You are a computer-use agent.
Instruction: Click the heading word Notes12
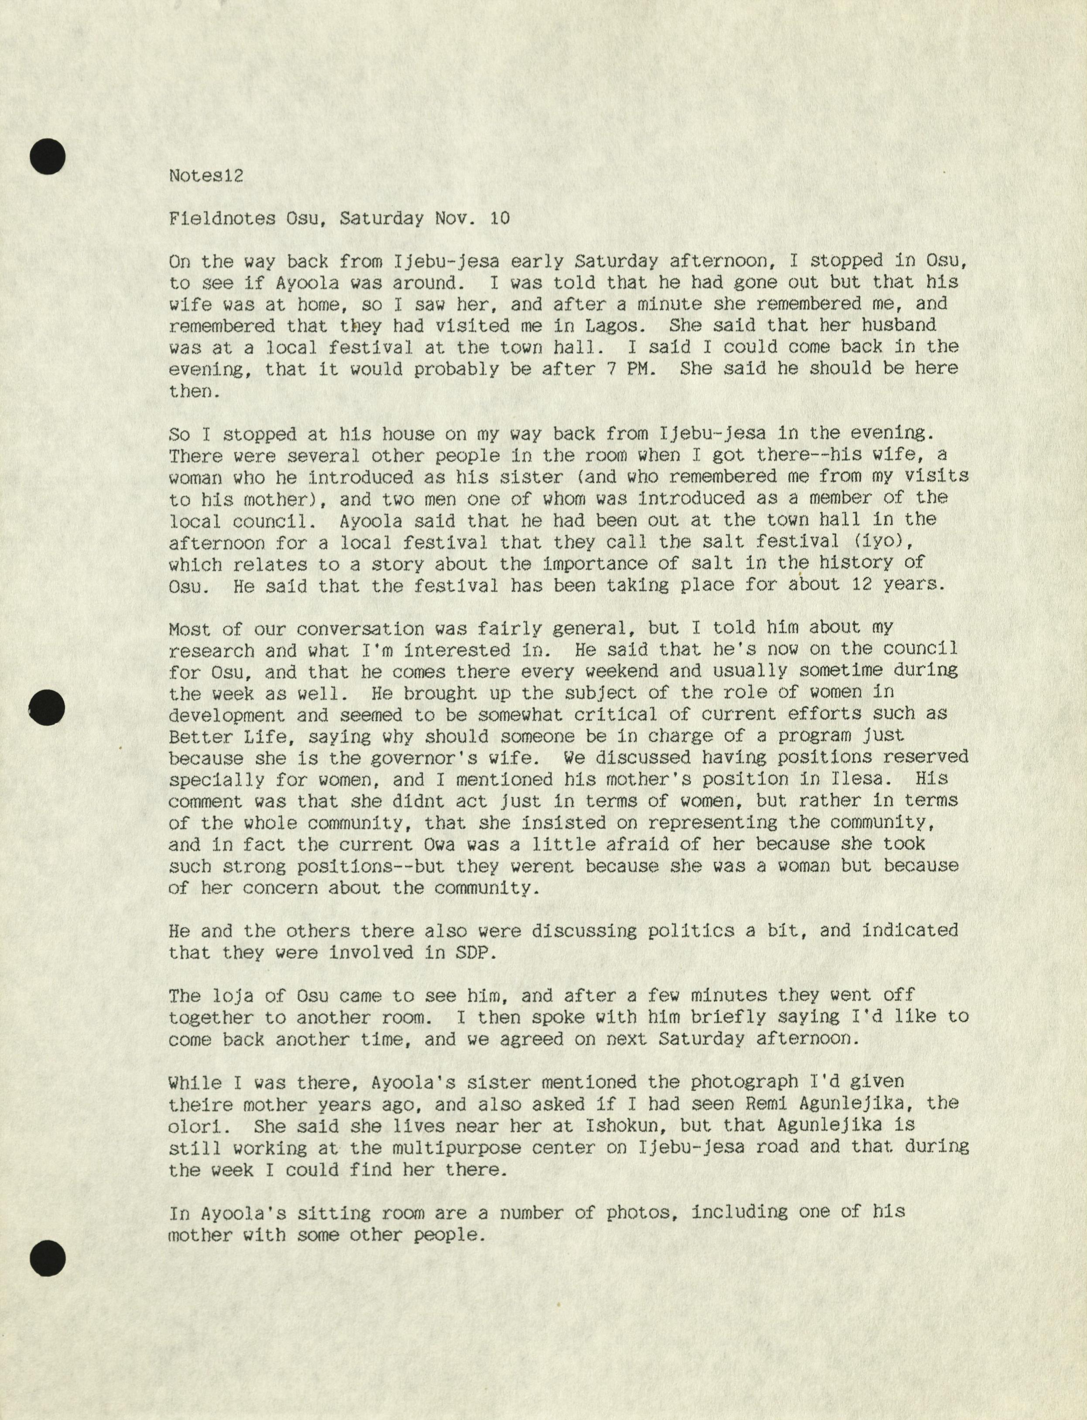pos(206,175)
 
